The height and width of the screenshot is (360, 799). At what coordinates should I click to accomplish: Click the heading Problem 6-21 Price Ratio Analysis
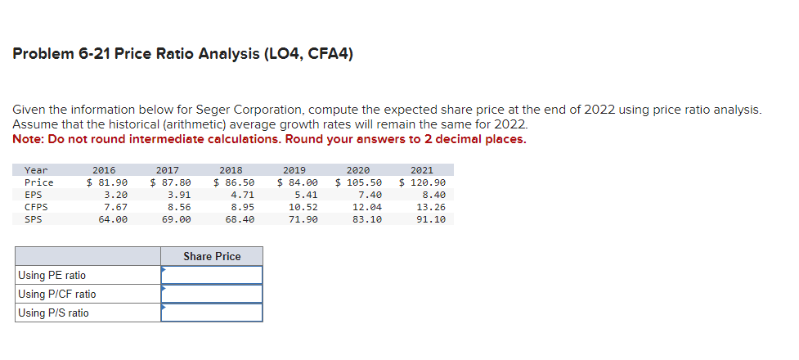coord(183,55)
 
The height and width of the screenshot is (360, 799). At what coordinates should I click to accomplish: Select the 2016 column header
coord(104,170)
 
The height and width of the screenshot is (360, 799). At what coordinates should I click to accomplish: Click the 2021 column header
coord(433,170)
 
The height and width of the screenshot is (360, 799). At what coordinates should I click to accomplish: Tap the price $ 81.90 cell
coord(107,182)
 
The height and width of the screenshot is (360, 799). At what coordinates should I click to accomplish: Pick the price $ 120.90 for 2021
coord(422,182)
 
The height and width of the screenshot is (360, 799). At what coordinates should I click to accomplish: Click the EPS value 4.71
coord(242,195)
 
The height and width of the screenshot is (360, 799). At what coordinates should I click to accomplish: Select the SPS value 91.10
coord(430,219)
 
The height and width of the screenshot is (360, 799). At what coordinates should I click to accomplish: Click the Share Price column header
coord(212,256)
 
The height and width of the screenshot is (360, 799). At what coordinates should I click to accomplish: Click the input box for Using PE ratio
coord(212,275)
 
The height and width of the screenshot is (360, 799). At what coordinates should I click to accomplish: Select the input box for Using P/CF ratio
coord(212,294)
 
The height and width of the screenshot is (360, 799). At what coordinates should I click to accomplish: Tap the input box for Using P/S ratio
coord(212,313)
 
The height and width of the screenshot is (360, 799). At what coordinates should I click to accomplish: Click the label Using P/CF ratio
coord(56,294)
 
